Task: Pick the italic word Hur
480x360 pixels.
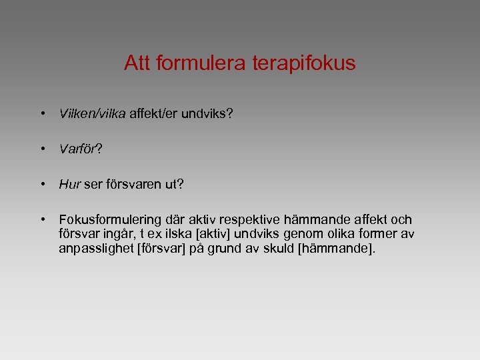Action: coord(69,185)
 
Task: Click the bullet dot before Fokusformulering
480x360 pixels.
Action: coord(42,219)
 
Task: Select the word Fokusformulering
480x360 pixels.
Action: coord(110,220)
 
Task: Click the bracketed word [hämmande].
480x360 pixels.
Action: coord(337,249)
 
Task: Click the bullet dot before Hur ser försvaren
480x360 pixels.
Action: coord(42,184)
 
